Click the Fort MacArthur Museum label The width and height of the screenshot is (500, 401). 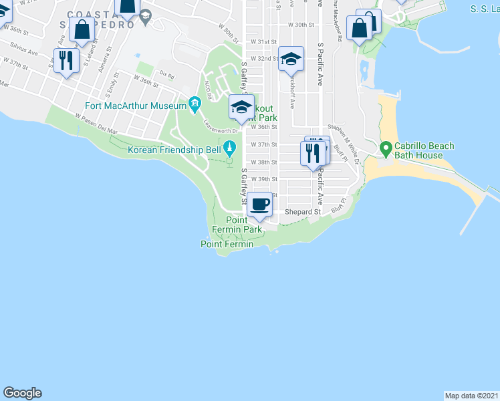(136, 106)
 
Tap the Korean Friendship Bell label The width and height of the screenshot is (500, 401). (174, 150)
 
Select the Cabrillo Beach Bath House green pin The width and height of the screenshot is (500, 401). (385, 148)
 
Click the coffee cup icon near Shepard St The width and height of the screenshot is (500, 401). (260, 204)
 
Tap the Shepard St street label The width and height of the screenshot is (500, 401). (303, 212)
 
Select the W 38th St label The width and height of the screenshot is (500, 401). (263, 162)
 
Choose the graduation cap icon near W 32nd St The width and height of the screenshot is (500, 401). (291, 59)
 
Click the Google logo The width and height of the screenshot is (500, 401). (22, 393)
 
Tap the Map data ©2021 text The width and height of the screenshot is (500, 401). (471, 395)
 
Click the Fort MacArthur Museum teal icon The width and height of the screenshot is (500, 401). (195, 104)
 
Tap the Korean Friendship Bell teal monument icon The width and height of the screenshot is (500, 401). (229, 147)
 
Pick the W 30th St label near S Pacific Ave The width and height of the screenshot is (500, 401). (301, 24)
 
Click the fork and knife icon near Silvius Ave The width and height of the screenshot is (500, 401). (66, 61)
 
